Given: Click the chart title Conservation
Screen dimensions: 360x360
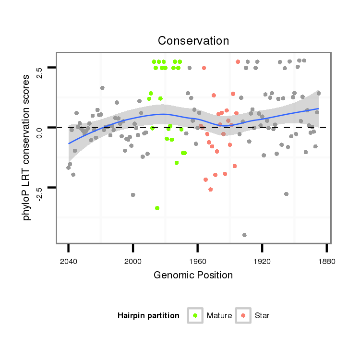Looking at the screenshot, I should [193, 40].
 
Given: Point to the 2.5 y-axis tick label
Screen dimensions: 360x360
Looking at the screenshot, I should [40, 72].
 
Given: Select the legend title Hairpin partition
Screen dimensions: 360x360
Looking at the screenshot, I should [148, 316].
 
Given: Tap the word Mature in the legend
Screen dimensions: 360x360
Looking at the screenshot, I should [219, 316].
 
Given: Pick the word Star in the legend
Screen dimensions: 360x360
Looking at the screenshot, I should [263, 316].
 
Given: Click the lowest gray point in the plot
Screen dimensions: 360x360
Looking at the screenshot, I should [244, 235].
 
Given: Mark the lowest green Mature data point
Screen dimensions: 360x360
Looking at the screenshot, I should [157, 208].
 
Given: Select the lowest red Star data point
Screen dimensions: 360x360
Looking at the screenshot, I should [210, 190].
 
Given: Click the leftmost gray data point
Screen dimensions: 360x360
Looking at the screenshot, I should [68, 168].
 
